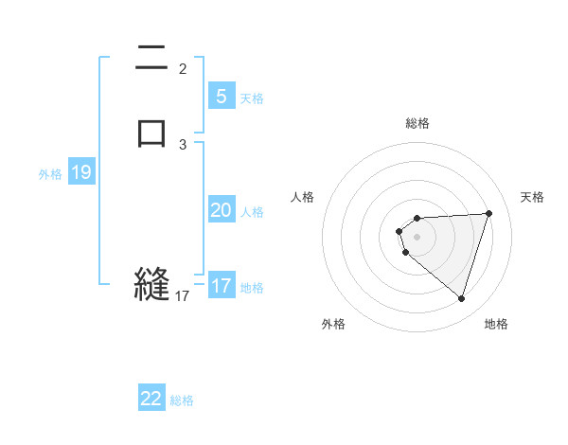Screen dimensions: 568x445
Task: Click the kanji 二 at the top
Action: (151, 61)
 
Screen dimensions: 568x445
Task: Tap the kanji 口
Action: (151, 132)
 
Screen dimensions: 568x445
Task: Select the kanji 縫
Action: (151, 284)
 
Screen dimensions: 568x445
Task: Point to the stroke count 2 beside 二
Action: (183, 68)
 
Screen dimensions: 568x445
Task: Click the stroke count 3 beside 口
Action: (183, 144)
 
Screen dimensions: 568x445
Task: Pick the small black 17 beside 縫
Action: (183, 296)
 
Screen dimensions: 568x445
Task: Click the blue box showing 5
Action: (221, 96)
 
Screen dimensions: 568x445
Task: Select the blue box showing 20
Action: (221, 210)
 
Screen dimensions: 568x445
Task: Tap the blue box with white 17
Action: (221, 286)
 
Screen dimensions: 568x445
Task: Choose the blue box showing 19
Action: (81, 172)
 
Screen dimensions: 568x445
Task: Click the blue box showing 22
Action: (151, 399)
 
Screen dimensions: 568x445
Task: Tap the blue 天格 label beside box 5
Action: (252, 98)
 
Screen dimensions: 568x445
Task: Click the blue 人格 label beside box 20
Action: (252, 212)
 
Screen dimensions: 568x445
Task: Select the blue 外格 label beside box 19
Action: (50, 174)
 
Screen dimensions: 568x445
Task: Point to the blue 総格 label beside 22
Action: (182, 400)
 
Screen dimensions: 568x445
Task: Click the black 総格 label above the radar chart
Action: (417, 123)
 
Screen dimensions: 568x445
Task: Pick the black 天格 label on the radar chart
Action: (532, 197)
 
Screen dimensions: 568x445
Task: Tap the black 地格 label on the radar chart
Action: (496, 325)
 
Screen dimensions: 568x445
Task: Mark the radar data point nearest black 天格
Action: (488, 213)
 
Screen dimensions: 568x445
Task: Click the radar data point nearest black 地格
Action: (461, 299)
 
